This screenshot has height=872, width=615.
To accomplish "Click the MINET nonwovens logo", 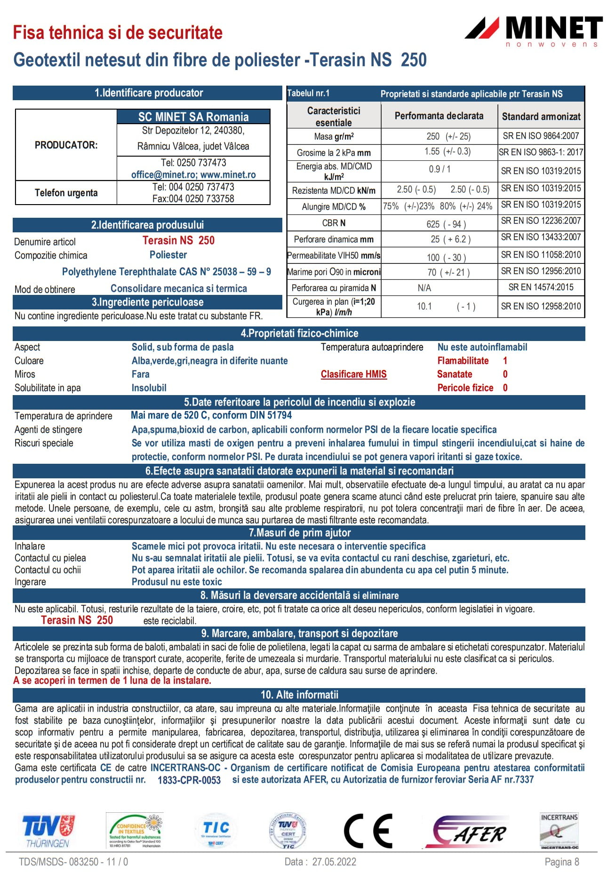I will coord(534,31).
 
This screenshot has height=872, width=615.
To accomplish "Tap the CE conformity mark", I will coord(368,831).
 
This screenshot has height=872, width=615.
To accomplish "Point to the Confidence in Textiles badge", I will coord(135,831).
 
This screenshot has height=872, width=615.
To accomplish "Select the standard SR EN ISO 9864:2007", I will coord(541,136).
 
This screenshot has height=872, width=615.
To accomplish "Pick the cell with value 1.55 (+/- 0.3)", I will coord(447,151).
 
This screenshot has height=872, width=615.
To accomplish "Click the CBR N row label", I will coord(334,223).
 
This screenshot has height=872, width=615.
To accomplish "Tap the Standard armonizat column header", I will coord(541,116).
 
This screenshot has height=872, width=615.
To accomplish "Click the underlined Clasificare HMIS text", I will coord(353,374).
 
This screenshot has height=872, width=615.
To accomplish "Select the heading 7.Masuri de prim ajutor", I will coord(299,533).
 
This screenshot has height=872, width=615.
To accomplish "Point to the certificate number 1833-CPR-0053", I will coord(189,780).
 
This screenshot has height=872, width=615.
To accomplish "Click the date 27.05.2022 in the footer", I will coord(334,862).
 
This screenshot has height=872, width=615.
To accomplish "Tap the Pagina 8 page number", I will coord(561,862).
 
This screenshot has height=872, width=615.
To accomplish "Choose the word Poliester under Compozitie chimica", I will coord(168,255).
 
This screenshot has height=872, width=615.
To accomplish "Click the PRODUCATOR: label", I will coord(66,145).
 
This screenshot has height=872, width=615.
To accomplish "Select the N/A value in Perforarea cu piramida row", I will coord(424,288).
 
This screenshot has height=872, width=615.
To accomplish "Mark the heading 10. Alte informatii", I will coord(299,695).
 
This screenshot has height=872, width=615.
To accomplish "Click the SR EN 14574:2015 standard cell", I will coord(541,287).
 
